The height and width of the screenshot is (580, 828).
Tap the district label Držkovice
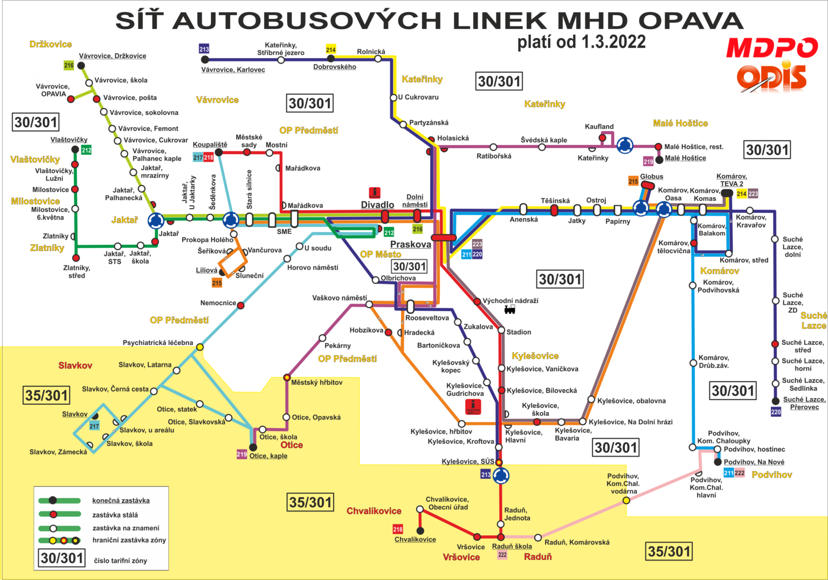50,44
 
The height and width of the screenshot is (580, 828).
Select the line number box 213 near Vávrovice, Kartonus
204,49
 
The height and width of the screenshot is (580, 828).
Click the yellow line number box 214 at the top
330,50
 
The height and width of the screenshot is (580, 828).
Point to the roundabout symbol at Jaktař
156,220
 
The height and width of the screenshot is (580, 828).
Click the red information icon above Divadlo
374,192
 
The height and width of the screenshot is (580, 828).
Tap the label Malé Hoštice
680,123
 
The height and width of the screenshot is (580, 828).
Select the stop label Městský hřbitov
316,382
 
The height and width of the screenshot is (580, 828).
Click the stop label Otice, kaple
268,456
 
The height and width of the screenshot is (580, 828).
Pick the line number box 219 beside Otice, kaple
241,454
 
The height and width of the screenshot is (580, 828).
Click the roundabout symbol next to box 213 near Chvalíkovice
501,475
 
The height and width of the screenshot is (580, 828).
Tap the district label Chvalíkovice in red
374,511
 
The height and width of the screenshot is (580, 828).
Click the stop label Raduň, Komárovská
576,542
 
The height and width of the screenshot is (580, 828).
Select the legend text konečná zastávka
121,501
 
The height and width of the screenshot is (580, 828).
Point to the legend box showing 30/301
62,558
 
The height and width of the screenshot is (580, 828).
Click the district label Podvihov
771,475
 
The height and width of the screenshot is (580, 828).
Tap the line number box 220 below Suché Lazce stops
775,412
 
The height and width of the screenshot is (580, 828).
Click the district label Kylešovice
535,356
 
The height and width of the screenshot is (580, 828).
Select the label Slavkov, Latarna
144,365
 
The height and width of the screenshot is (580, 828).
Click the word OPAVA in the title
691,22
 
